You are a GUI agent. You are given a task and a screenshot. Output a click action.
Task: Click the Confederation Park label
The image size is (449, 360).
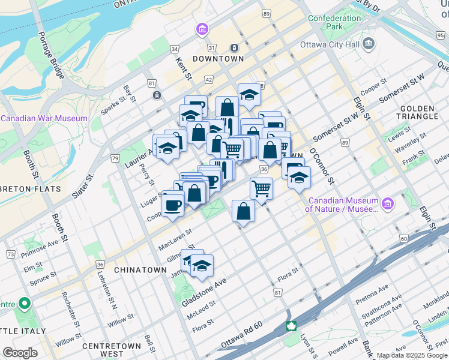(x=334, y=22)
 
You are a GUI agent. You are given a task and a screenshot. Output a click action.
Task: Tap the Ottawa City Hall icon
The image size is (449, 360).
(x=369, y=43)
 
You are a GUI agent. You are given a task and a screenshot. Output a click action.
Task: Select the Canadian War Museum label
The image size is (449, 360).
(x=44, y=118)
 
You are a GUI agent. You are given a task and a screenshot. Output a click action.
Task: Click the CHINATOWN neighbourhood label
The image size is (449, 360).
(x=140, y=270)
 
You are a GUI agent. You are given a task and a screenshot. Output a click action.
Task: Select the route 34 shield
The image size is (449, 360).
(x=175, y=49)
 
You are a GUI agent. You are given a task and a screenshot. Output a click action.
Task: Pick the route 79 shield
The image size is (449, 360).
(x=114, y=158)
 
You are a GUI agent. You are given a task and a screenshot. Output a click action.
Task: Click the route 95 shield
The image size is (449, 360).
(x=440, y=35)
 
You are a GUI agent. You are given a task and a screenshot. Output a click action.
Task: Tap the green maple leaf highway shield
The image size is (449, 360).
(x=291, y=326)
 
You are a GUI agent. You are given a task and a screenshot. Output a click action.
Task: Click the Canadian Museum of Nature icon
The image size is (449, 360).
(x=388, y=204)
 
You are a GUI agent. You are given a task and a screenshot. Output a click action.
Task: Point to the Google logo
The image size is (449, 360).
(x=20, y=353)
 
